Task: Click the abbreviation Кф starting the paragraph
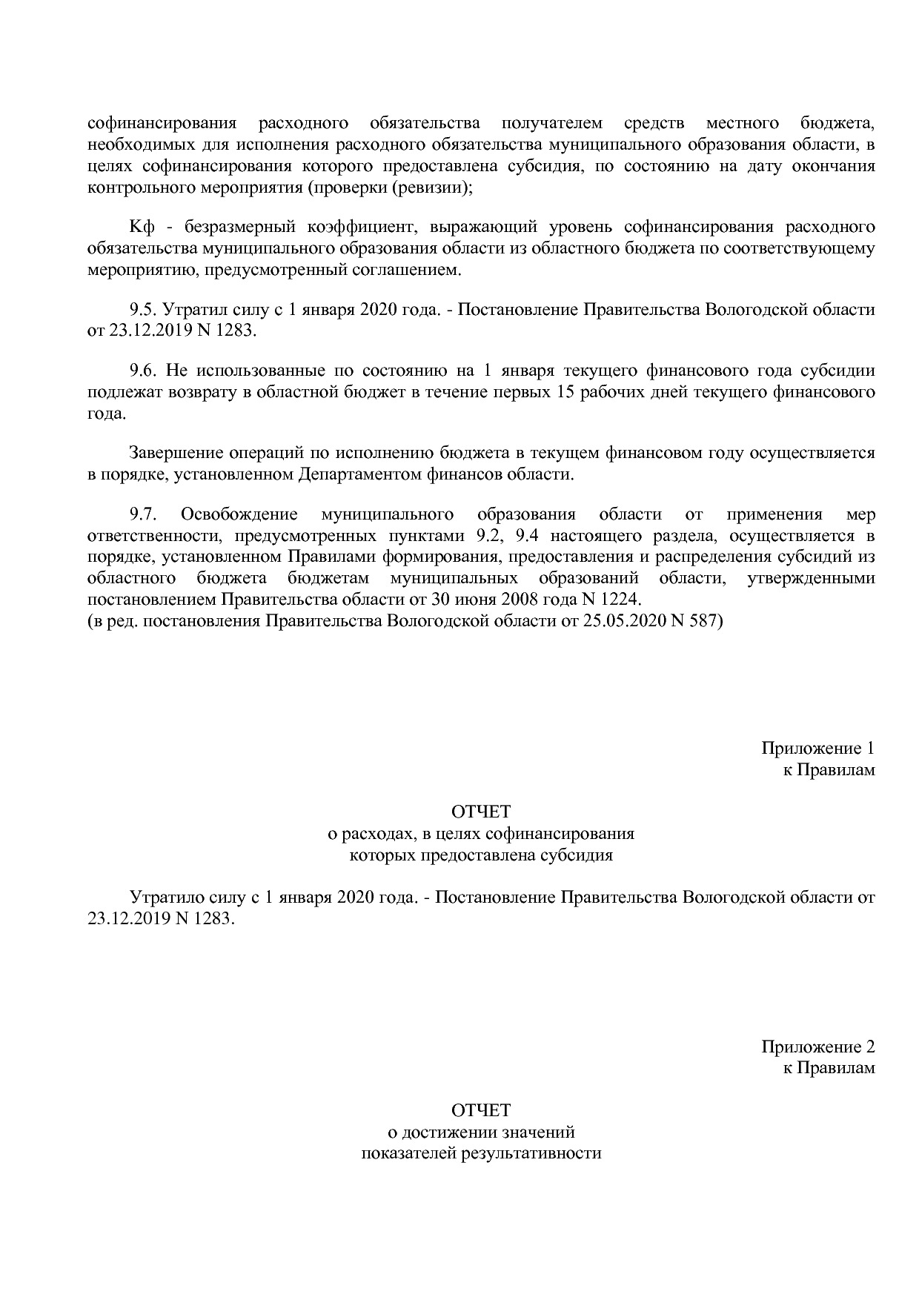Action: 141,227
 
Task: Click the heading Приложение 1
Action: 817,748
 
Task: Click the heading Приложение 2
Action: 817,1047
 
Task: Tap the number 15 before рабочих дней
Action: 562,391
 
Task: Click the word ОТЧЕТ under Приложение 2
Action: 481,1110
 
